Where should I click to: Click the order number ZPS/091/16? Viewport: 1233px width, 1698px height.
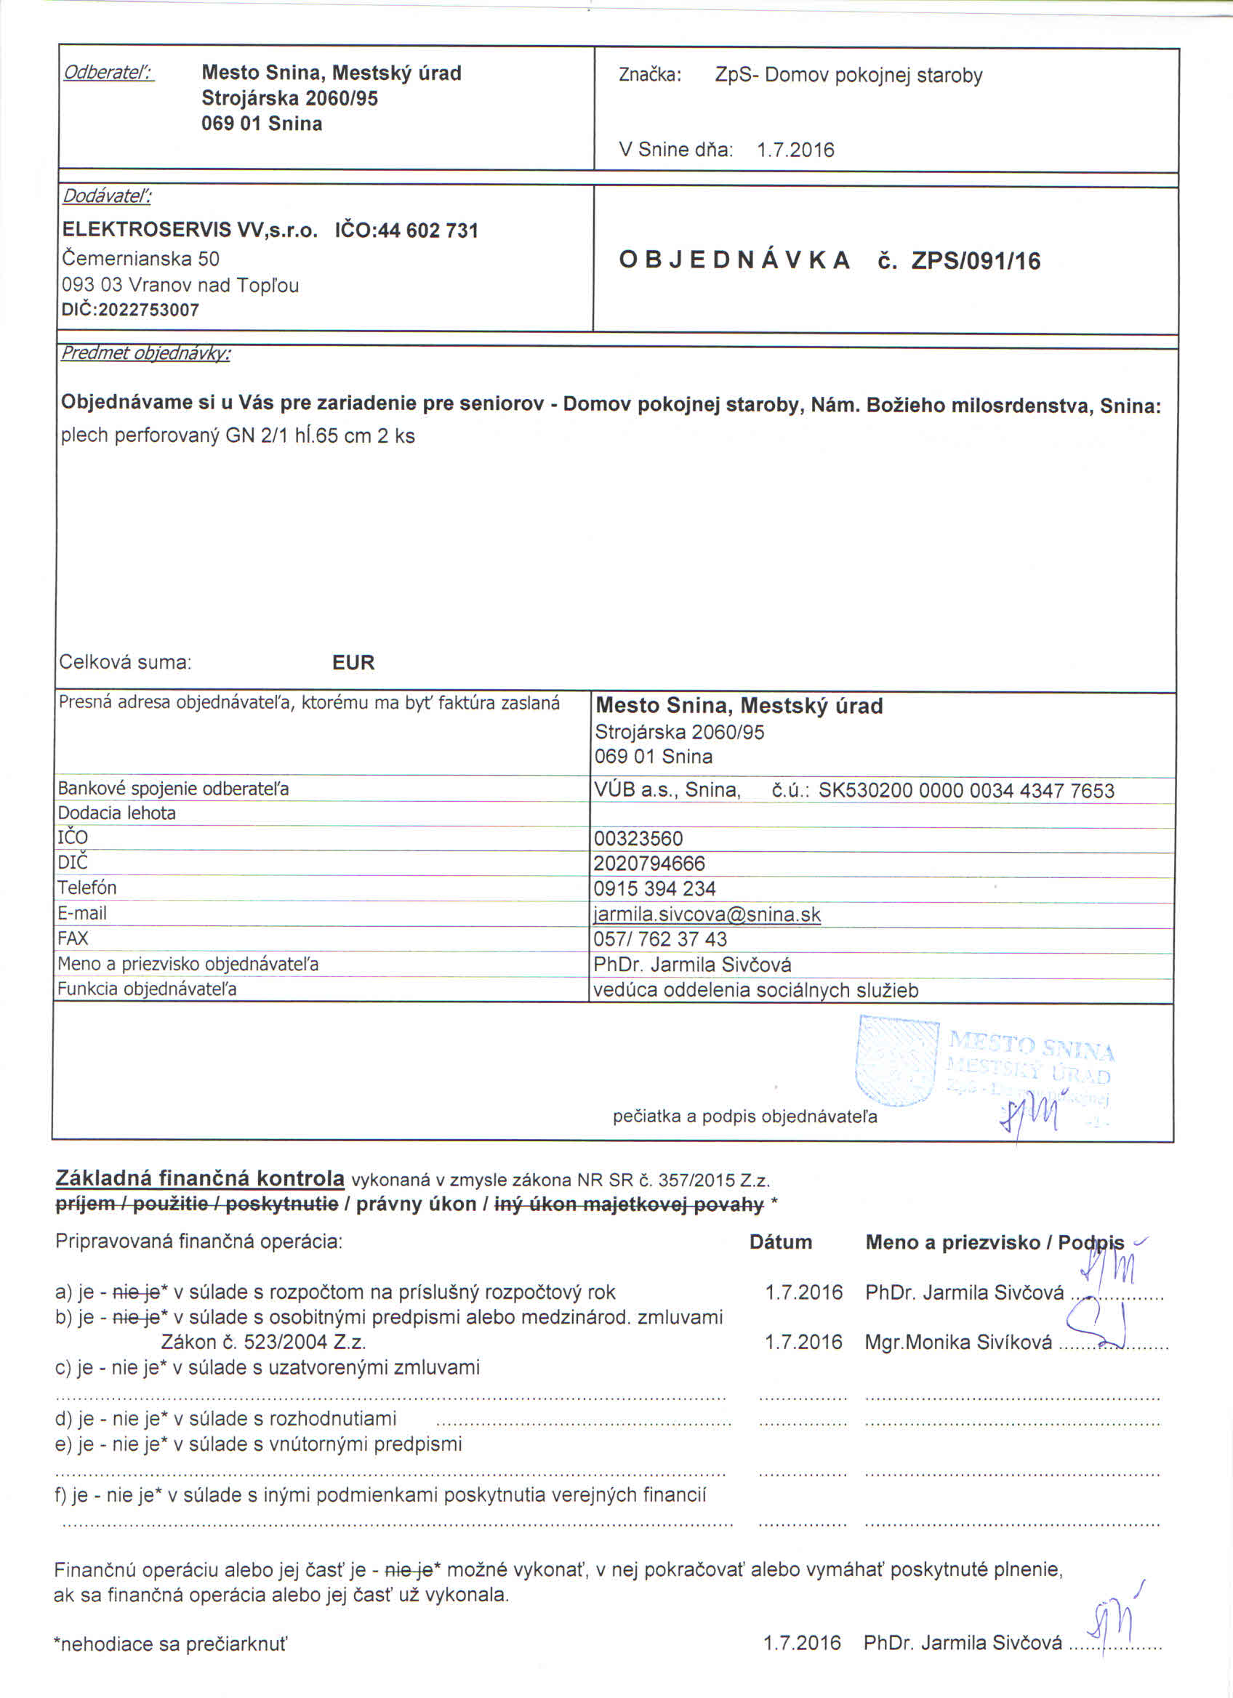976,260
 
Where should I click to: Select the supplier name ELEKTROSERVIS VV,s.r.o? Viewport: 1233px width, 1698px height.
190,230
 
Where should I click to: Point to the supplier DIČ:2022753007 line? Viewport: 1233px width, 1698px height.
130,310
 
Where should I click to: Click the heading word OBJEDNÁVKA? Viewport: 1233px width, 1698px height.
734,259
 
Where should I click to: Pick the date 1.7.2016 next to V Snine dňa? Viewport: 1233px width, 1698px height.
795,150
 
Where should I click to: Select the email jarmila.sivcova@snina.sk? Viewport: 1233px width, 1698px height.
707,914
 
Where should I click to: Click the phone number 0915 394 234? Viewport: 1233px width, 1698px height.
654,889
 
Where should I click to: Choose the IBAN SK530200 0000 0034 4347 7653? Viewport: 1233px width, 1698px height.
965,791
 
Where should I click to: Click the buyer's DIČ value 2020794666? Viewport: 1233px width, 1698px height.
649,864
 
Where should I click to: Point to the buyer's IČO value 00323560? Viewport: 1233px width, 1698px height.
638,839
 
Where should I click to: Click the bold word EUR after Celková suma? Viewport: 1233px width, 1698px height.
353,663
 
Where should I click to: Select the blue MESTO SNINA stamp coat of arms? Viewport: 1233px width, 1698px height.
896,1060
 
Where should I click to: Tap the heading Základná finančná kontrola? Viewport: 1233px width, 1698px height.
200,1178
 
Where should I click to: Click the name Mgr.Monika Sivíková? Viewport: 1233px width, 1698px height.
957,1343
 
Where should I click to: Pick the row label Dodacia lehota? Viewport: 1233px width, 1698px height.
117,813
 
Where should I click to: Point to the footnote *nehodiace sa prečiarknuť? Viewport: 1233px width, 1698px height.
171,1644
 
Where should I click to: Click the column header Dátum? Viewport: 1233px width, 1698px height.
780,1242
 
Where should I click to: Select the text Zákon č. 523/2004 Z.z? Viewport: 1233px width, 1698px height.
263,1343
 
